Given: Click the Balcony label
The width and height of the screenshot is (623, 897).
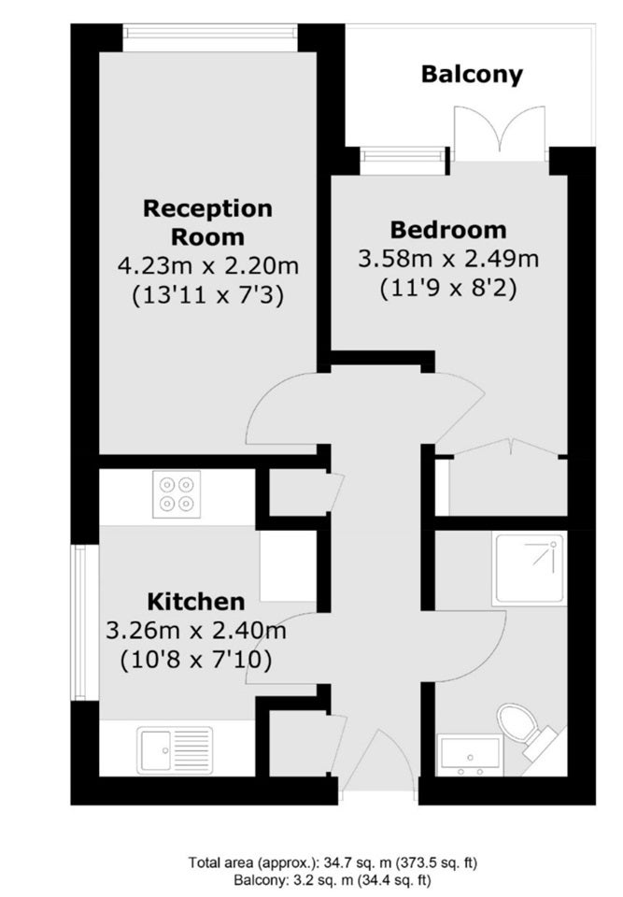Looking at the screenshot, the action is tap(472, 75).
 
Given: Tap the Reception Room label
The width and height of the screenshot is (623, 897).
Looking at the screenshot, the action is tap(207, 222).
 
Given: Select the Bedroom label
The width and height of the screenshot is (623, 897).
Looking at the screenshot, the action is tap(448, 230).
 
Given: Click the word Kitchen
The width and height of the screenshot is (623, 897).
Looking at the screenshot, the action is tap(196, 602).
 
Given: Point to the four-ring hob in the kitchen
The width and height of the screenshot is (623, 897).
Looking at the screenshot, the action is tap(177, 494).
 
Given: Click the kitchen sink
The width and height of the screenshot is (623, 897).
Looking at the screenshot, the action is tap(175, 749).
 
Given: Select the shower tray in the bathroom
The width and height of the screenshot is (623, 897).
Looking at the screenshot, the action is tap(531, 569).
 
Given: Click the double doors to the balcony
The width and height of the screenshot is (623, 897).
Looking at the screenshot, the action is tap(499, 133).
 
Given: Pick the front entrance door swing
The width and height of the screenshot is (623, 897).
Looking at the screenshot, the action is tap(378, 761).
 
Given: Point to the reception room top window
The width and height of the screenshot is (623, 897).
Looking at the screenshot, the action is tap(210, 37).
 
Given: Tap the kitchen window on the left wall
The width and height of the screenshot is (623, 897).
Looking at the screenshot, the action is tap(80, 622).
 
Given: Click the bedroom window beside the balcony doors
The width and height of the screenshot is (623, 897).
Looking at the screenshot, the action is tap(404, 161).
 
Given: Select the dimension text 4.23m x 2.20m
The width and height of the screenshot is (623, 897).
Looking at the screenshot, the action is tap(208, 265).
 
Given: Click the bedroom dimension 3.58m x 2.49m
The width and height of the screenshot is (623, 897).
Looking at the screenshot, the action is tap(448, 259).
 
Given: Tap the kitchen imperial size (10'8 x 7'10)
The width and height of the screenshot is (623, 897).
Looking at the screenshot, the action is tap(196, 661).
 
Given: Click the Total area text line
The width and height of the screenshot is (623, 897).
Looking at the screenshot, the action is tap(333, 861).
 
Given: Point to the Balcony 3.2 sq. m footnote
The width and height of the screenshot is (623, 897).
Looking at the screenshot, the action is tap(333, 879).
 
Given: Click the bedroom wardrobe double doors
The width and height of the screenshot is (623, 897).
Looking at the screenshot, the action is tap(507, 448).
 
